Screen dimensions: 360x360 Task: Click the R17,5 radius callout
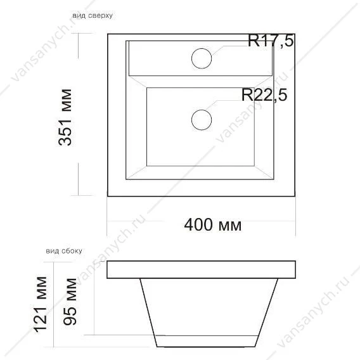271,41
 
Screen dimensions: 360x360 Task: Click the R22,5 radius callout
264,95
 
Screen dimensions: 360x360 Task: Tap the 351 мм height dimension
65,117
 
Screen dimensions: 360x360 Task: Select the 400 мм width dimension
213,225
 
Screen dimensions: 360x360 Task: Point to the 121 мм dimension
41,305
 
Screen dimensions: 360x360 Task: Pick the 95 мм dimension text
70,302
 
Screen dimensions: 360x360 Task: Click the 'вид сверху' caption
93,16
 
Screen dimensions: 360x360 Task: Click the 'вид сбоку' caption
64,251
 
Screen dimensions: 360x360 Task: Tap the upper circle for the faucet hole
202,58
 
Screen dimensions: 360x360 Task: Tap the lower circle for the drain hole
202,120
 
